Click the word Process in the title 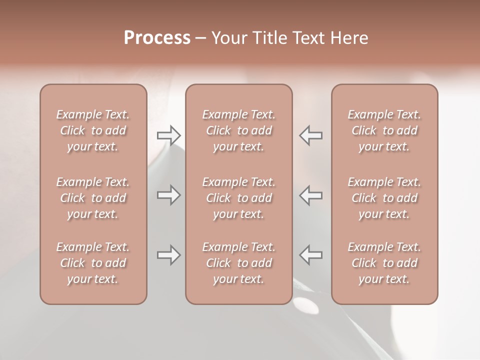[157, 38]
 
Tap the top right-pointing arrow [169, 135]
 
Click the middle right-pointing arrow [169, 195]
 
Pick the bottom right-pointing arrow [169, 255]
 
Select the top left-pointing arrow [310, 135]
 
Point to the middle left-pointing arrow [310, 195]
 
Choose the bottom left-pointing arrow [310, 255]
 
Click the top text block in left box [93, 130]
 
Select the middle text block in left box [93, 198]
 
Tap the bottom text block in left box [93, 263]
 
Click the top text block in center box [238, 130]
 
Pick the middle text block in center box [238, 198]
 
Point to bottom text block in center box [238, 263]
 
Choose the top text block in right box [384, 130]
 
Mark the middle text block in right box [384, 198]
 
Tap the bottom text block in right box [384, 263]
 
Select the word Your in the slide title [228, 38]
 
